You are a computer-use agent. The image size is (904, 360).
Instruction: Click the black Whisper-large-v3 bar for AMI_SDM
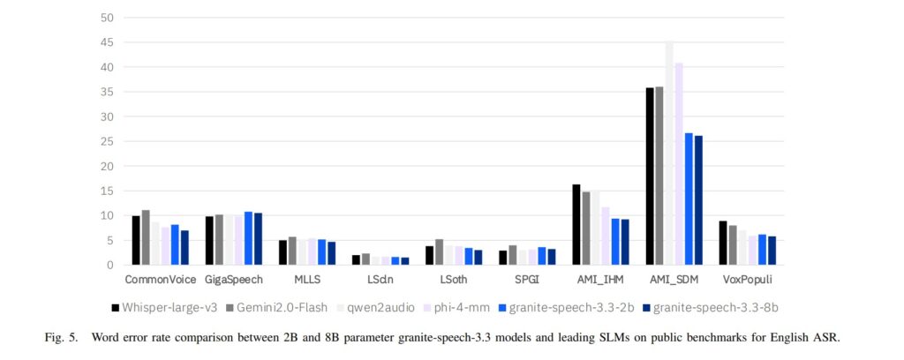tap(650, 176)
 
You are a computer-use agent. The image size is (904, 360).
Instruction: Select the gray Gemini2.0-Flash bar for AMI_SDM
tap(659, 176)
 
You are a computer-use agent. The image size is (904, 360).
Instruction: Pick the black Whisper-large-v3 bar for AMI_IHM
tap(576, 225)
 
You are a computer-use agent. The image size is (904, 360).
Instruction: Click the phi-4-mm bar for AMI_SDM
tap(679, 164)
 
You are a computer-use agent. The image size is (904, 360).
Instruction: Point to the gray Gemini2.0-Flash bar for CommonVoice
tap(146, 237)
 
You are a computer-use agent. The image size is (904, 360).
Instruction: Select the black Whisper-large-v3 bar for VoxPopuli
tap(723, 243)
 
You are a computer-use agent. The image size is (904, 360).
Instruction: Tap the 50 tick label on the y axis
tap(107, 18)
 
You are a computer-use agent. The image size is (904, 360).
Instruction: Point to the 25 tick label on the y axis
tap(107, 141)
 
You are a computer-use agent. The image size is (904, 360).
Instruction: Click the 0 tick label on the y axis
tap(109, 265)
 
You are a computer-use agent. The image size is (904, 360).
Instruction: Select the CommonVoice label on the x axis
tap(160, 280)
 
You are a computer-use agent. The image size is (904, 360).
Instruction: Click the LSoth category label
tap(454, 280)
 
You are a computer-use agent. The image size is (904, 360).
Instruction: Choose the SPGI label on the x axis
tap(527, 280)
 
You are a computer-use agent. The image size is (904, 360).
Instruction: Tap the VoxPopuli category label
tap(747, 280)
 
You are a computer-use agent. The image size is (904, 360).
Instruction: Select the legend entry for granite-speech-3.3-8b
tap(717, 307)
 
